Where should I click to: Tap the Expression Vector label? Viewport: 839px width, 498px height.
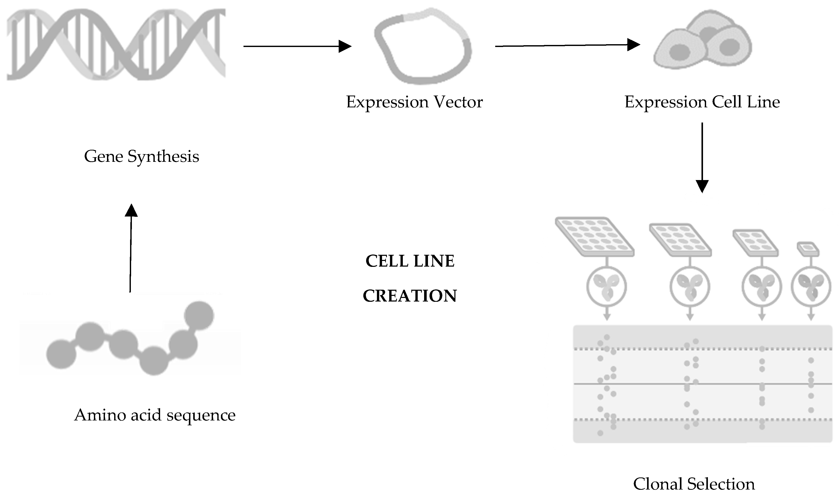point(414,102)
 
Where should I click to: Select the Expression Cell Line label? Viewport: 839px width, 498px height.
point(702,102)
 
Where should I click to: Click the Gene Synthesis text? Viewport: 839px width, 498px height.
point(141,156)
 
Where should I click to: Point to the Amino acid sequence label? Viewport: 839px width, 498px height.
point(154,415)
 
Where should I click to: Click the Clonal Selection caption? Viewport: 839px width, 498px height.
point(694,484)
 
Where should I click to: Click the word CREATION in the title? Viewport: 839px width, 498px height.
point(409,296)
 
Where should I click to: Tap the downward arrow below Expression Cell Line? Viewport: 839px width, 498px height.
point(702,158)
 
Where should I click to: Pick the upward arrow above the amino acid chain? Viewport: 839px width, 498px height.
point(131,248)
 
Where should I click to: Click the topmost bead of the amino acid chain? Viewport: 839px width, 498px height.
point(199,315)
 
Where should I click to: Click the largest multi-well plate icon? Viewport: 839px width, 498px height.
point(594,237)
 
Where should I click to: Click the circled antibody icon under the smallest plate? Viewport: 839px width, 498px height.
point(811,287)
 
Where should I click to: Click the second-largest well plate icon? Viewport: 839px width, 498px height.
point(680,240)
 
